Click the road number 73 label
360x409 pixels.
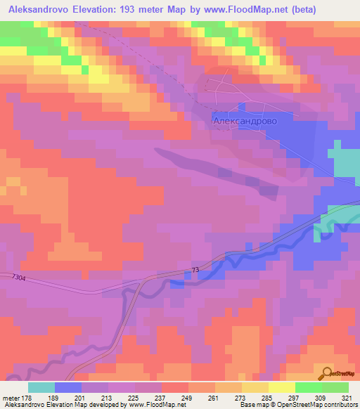(x=196, y=271)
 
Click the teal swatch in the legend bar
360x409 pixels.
(x=42, y=387)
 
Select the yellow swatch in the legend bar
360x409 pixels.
(x=281, y=387)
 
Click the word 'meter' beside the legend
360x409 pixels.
(x=12, y=397)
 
